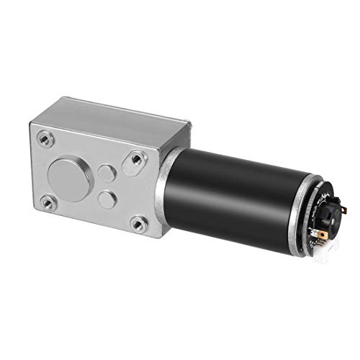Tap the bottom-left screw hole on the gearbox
[48, 199]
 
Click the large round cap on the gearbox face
[64, 172]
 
